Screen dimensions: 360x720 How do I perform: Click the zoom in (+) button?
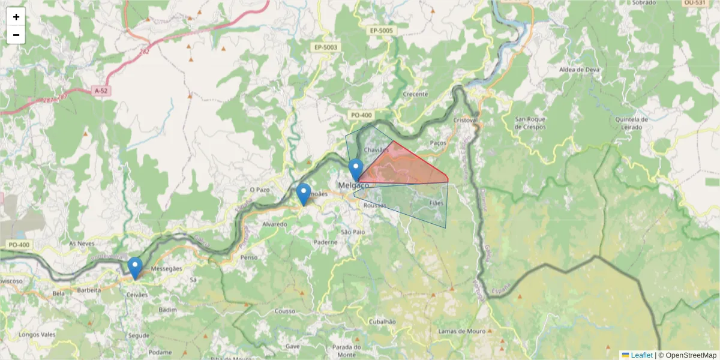click(16, 17)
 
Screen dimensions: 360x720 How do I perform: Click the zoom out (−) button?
click(16, 35)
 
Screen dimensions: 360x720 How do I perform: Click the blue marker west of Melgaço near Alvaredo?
click(304, 194)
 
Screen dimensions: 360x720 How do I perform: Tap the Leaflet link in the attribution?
click(641, 355)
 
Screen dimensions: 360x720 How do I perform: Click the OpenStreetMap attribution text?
click(691, 355)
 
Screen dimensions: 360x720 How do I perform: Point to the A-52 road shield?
click(101, 91)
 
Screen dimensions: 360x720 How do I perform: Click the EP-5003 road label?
click(326, 47)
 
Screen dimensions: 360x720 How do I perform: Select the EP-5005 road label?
click(381, 30)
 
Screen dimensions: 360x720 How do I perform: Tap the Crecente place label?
click(415, 94)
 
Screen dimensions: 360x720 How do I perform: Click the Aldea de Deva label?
click(579, 70)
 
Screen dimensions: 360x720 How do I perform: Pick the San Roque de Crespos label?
click(530, 123)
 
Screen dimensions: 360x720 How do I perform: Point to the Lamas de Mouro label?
click(461, 331)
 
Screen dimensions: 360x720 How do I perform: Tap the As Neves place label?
click(82, 244)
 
